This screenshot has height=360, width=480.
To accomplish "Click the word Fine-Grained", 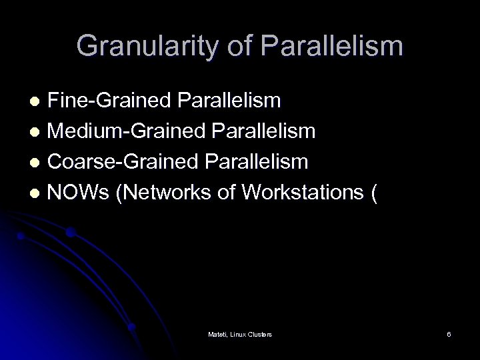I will pos(109,101).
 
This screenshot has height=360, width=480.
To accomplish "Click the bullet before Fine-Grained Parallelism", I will pos(39,102).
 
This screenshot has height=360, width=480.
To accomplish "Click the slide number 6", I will pos(449,333).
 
